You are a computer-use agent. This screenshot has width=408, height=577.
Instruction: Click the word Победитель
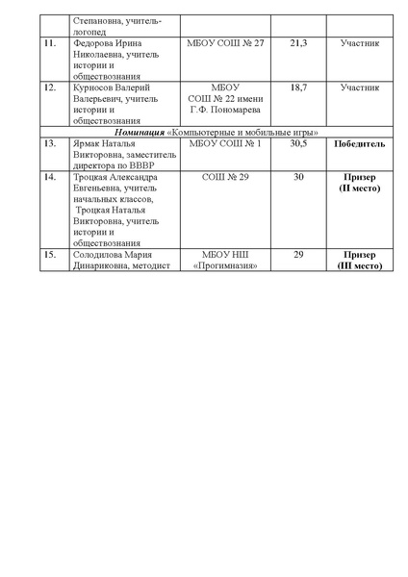(360, 143)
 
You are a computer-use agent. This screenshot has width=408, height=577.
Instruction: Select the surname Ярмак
(88, 143)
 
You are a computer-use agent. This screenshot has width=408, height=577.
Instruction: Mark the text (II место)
(360, 188)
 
